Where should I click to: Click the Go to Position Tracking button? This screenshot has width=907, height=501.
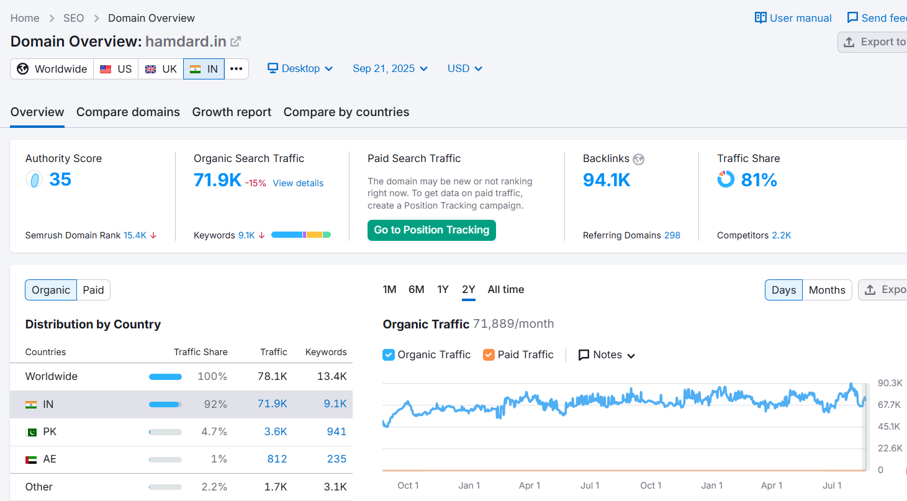pyautogui.click(x=431, y=230)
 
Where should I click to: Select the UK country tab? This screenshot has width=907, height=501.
pyautogui.click(x=161, y=69)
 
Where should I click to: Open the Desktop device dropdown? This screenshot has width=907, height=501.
pyautogui.click(x=300, y=68)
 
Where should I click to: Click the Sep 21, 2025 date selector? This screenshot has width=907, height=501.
pyautogui.click(x=390, y=68)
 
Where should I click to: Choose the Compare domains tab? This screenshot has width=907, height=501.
pyautogui.click(x=128, y=112)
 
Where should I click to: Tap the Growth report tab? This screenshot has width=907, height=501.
pyautogui.click(x=232, y=112)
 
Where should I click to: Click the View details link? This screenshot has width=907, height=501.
pyautogui.click(x=298, y=183)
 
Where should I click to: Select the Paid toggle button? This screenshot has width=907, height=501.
pyautogui.click(x=93, y=290)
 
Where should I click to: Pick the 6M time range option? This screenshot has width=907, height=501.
pyautogui.click(x=416, y=289)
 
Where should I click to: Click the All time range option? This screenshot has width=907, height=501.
pyautogui.click(x=506, y=289)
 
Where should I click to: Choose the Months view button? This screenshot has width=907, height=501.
pyautogui.click(x=827, y=290)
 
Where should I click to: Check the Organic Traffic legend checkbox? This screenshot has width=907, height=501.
pyautogui.click(x=388, y=354)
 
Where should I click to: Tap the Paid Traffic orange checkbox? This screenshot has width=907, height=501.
pyautogui.click(x=489, y=354)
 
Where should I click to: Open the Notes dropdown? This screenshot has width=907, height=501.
pyautogui.click(x=607, y=354)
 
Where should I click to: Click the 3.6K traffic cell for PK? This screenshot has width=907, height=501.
pyautogui.click(x=276, y=431)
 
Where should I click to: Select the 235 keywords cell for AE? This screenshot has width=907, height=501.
pyautogui.click(x=336, y=459)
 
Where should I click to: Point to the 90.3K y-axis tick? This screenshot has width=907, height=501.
pyautogui.click(x=890, y=383)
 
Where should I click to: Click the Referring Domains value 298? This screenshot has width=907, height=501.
pyautogui.click(x=672, y=235)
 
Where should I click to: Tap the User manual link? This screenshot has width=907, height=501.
pyautogui.click(x=793, y=18)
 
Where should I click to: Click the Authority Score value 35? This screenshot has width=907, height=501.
pyautogui.click(x=60, y=179)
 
